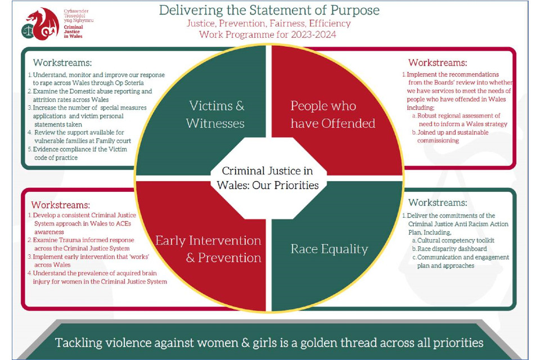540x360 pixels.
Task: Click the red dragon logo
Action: [x=42, y=24]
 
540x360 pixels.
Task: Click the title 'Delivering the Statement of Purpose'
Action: [x=269, y=10]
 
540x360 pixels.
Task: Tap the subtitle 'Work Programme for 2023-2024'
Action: [x=268, y=34]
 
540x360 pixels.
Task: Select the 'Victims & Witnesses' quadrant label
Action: [x=215, y=114]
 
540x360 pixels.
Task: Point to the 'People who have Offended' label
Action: [x=332, y=114]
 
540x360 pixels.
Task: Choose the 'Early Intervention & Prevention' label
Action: [x=208, y=249]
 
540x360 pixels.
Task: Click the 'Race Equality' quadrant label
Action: [x=329, y=249]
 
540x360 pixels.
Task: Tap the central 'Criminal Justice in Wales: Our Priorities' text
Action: [x=268, y=178]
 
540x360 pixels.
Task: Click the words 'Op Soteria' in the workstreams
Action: [x=129, y=83]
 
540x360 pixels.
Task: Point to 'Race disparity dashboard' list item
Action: [x=452, y=249]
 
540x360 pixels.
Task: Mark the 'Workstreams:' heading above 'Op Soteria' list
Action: [x=62, y=62]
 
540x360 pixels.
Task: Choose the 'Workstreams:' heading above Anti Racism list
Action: [x=438, y=202]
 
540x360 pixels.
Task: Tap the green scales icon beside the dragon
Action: [x=28, y=31]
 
